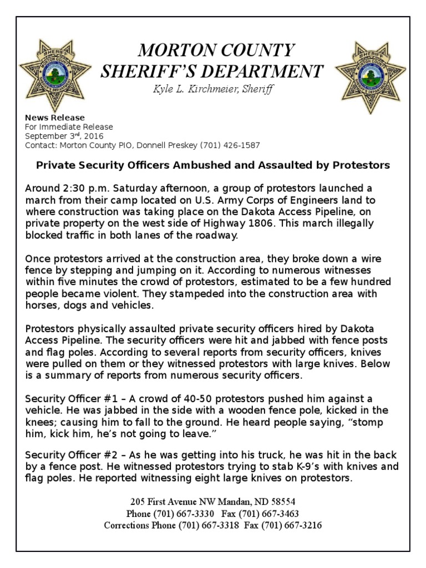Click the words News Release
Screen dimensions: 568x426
[x=55, y=118]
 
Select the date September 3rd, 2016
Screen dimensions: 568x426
[x=64, y=136]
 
